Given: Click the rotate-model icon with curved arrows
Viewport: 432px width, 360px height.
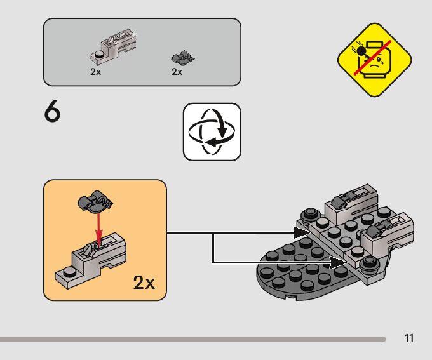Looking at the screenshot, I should point(212,131).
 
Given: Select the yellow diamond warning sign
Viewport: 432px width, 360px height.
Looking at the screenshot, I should point(375,60).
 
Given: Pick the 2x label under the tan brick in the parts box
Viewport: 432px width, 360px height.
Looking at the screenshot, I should point(95,72).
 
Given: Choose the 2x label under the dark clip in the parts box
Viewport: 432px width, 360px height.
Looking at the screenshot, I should point(177,72).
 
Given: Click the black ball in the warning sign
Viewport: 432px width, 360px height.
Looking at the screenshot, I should point(362,51).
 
